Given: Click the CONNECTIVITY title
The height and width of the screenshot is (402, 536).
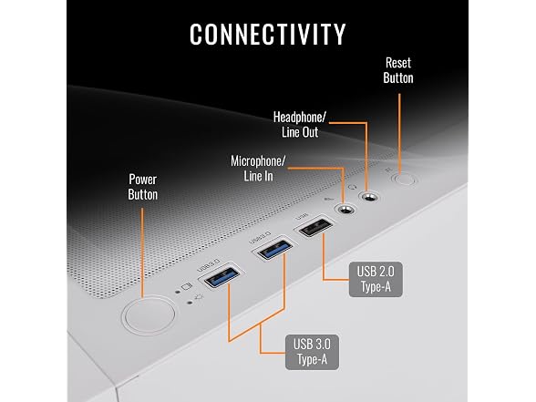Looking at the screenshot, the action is [268, 35].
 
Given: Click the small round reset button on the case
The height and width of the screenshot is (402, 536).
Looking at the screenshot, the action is [405, 179].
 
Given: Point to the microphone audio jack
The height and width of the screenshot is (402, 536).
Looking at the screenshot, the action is [346, 209].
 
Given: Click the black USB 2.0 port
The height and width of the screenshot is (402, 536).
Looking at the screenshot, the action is [315, 227].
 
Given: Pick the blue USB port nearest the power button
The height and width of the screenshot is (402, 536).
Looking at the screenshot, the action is [222, 276].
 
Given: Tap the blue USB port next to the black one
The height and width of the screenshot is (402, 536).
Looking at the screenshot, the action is [274, 249].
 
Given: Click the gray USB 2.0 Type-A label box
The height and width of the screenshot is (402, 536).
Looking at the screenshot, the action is [376, 279].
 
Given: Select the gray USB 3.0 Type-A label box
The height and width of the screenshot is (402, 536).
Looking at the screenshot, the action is [312, 352].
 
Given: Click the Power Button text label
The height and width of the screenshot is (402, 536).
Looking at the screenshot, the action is [143, 187].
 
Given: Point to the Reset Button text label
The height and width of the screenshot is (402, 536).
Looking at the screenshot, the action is [398, 70].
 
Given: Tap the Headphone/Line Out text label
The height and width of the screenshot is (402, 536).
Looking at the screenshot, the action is [300, 124].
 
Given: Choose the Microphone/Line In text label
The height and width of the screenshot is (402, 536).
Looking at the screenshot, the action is [258, 168].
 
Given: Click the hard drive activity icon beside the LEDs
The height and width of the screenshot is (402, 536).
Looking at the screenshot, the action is [187, 286].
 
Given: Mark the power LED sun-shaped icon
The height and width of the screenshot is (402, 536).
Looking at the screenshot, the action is [199, 297].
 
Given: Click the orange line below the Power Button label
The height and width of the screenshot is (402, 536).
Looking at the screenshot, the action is [142, 253].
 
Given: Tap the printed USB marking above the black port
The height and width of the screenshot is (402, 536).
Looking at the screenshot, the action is [302, 216].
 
